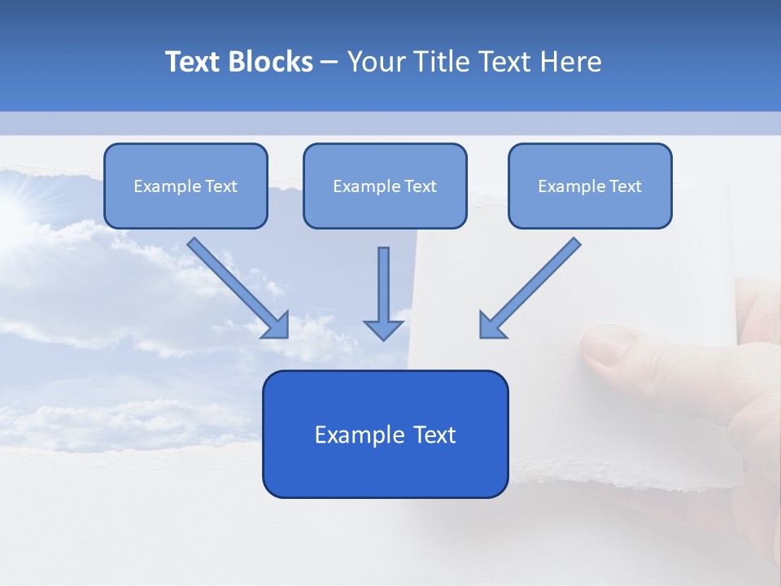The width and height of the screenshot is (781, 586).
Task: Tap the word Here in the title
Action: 569,62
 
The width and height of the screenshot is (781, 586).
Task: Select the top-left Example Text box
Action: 185,186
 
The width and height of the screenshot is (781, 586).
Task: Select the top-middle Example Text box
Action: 385,186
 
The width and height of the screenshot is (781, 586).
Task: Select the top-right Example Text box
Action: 590,186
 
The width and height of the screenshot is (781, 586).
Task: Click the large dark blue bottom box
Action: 385,434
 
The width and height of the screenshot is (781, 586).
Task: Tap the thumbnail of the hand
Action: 606,345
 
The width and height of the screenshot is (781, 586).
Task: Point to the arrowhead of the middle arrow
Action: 383,329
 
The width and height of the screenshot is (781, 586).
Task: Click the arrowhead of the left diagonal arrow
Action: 277,326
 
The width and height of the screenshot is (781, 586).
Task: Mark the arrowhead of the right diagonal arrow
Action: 491,326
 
